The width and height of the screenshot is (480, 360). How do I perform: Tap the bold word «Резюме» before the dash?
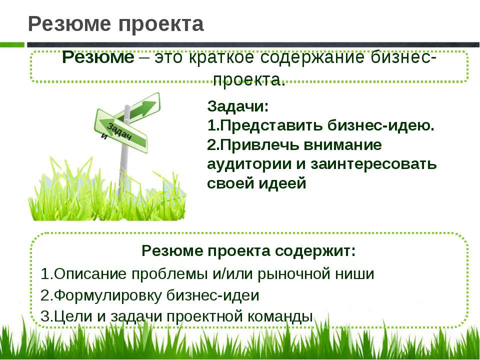coord(98,57)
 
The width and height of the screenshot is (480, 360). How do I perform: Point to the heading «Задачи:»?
coord(238,106)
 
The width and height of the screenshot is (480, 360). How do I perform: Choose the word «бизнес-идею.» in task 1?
coord(381,125)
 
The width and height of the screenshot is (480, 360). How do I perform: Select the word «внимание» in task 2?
coord(342,145)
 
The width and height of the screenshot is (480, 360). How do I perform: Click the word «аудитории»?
coord(249,164)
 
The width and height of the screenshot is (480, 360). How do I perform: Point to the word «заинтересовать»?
coord(373,164)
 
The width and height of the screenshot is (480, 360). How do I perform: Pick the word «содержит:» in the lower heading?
coord(315,251)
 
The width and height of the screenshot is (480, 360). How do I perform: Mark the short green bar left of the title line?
coord(12,44)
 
